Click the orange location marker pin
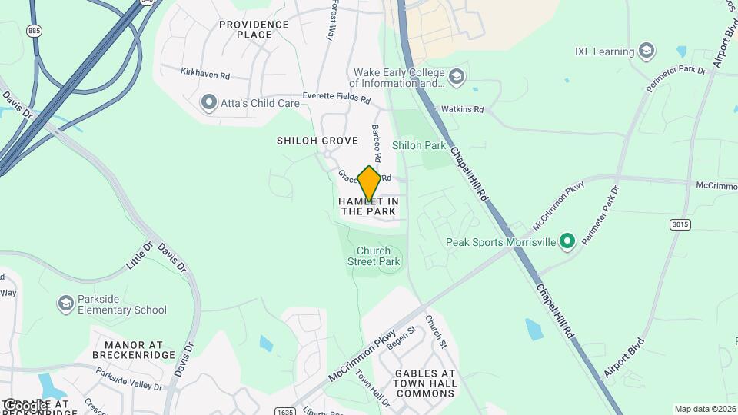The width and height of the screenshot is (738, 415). click(x=369, y=183)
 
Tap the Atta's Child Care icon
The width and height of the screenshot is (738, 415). click(x=208, y=102)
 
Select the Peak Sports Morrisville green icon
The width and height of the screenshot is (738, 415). click(x=567, y=242)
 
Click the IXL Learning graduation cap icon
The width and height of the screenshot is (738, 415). click(x=647, y=52)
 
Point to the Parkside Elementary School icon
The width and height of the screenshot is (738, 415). click(x=66, y=304)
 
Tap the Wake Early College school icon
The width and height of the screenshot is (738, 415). click(x=457, y=77)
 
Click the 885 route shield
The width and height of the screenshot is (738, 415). click(x=34, y=31)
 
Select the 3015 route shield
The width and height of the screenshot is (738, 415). click(x=679, y=224)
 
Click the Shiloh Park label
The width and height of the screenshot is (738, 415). click(x=418, y=144)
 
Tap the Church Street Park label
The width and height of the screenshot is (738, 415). click(x=378, y=256)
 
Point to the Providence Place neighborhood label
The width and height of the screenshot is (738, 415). click(x=254, y=29)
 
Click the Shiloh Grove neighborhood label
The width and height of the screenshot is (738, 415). click(x=317, y=141)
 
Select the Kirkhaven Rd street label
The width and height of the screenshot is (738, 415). click(x=205, y=75)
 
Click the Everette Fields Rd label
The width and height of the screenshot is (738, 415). click(x=336, y=98)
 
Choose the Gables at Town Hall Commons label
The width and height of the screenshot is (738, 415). click(x=425, y=383)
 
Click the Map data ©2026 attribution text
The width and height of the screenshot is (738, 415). click(x=704, y=409)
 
